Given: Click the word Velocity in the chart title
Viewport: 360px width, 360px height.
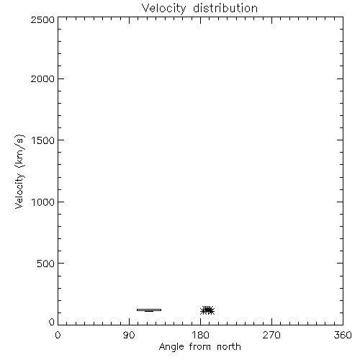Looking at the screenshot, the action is click(x=163, y=9).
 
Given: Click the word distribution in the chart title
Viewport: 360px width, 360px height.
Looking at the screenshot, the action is click(x=225, y=8).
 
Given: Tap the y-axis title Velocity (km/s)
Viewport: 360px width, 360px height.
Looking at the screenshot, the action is click(x=19, y=171).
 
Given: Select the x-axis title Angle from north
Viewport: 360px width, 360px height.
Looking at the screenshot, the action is click(x=199, y=347).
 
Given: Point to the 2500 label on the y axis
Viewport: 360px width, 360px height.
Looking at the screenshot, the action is click(x=42, y=19).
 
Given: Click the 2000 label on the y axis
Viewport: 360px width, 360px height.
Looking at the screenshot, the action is click(x=42, y=78).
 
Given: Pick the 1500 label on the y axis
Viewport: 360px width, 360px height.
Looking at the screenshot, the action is click(x=43, y=140).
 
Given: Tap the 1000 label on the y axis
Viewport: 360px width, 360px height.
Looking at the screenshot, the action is click(x=43, y=202).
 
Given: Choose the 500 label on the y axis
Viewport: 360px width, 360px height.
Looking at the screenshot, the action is click(x=46, y=264).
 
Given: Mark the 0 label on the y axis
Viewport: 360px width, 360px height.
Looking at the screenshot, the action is click(x=52, y=322).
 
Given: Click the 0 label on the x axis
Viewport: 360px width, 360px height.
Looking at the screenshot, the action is click(x=58, y=335).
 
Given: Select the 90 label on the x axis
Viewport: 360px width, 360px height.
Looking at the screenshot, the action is click(x=129, y=335).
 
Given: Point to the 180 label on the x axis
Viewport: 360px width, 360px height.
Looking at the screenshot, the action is click(x=200, y=335).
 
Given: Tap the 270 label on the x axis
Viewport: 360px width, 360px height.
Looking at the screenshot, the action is click(x=271, y=335).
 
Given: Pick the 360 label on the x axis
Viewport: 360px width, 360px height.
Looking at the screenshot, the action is click(x=343, y=335).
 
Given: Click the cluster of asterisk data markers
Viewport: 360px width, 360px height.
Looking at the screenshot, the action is click(x=207, y=310).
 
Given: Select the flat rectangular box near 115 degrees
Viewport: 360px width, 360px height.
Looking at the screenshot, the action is click(x=149, y=310).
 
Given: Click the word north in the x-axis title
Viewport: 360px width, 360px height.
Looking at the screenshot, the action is click(x=229, y=346).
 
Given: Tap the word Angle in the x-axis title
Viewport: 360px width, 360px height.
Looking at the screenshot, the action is click(x=171, y=347).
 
